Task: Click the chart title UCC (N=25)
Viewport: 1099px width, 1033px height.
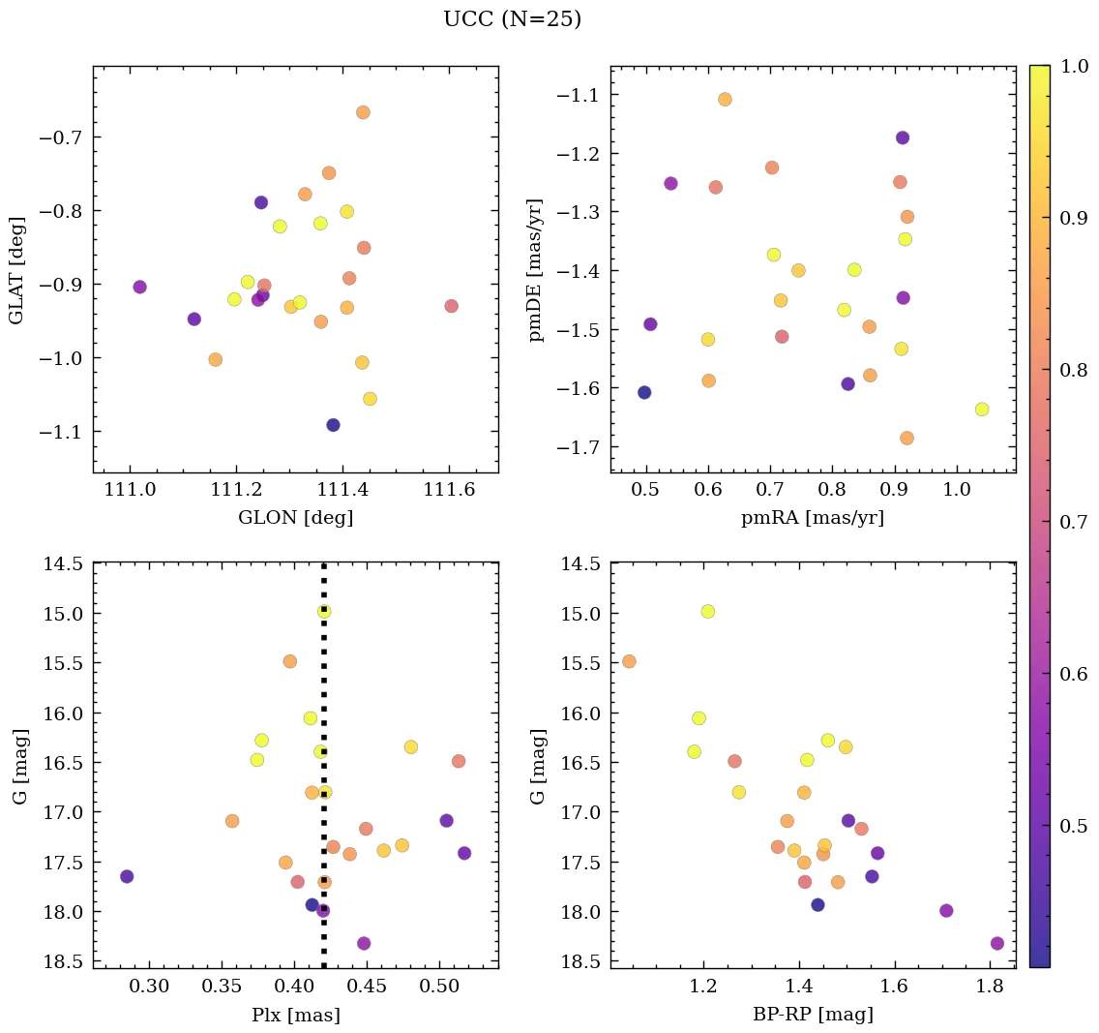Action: pos(512,19)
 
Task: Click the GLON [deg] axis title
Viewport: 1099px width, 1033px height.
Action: pos(295,518)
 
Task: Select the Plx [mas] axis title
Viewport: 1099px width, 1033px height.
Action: pos(295,1015)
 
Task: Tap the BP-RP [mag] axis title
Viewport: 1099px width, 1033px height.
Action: pos(813,1015)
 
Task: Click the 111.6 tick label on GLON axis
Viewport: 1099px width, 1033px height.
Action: pos(449,492)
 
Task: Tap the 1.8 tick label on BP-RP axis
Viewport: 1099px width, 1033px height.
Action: pos(989,987)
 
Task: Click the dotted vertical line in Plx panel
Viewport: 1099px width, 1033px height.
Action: pos(323,678)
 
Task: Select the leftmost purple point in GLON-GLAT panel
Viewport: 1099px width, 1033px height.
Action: pos(139,287)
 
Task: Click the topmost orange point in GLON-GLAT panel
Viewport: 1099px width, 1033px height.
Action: pos(363,112)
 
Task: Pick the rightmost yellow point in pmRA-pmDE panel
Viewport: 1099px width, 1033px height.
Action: pos(982,410)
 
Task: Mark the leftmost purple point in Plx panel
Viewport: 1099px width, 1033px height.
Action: pos(126,876)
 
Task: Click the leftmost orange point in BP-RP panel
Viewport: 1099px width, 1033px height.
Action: pos(629,661)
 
